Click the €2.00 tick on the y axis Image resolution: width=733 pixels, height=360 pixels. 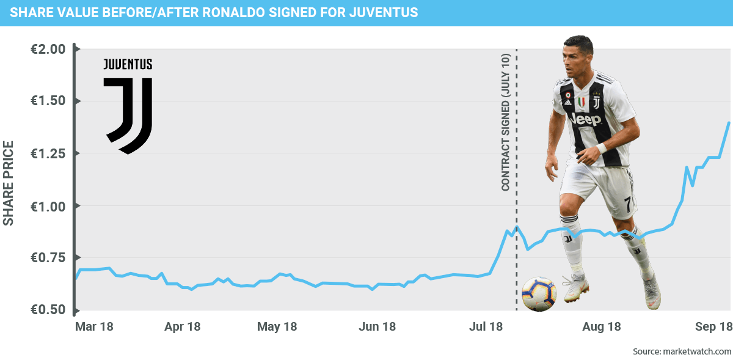tap(48, 50)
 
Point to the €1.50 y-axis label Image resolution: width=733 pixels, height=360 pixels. tap(48, 101)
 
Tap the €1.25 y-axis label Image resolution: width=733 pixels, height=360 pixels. tap(48, 154)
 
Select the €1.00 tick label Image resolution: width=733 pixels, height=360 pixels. tap(48, 207)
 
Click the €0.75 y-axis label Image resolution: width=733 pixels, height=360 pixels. tap(48, 259)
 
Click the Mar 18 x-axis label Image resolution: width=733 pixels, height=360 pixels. tap(93, 327)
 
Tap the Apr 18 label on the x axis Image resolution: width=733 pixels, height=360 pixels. tap(183, 327)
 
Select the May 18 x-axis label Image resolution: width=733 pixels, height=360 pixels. tap(277, 327)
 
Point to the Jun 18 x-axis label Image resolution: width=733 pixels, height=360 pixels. tap(377, 327)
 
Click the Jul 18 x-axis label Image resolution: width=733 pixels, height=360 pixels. tap(486, 327)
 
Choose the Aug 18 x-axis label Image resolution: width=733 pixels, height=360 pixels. tap(601, 327)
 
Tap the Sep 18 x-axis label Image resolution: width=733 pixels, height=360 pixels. tap(713, 327)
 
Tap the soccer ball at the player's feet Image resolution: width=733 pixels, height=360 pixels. tap(539, 294)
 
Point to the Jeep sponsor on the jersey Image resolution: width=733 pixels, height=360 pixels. tap(585, 119)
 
